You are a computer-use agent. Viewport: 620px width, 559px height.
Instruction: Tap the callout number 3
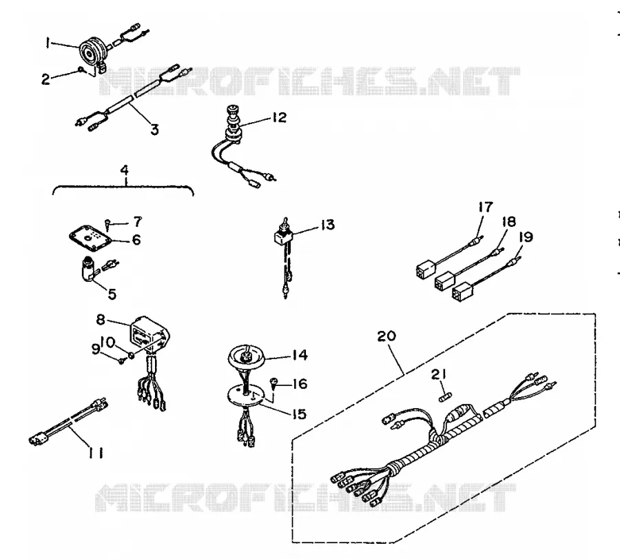pos(154,129)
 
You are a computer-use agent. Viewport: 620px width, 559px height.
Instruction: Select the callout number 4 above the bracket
pos(125,170)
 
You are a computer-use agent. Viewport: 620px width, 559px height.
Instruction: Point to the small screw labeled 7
pos(107,224)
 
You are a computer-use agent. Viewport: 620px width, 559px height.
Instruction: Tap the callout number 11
pos(95,452)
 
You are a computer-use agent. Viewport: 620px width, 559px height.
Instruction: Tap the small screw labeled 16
pos(272,382)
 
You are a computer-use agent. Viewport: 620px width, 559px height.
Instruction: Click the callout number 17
pos(486,207)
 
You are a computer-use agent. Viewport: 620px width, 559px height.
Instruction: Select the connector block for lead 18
pos(445,279)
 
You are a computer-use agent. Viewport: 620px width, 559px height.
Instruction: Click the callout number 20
pos(386,336)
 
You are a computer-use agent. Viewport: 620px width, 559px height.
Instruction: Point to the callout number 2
pos(46,79)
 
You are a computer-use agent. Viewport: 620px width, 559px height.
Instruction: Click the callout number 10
pos(107,341)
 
